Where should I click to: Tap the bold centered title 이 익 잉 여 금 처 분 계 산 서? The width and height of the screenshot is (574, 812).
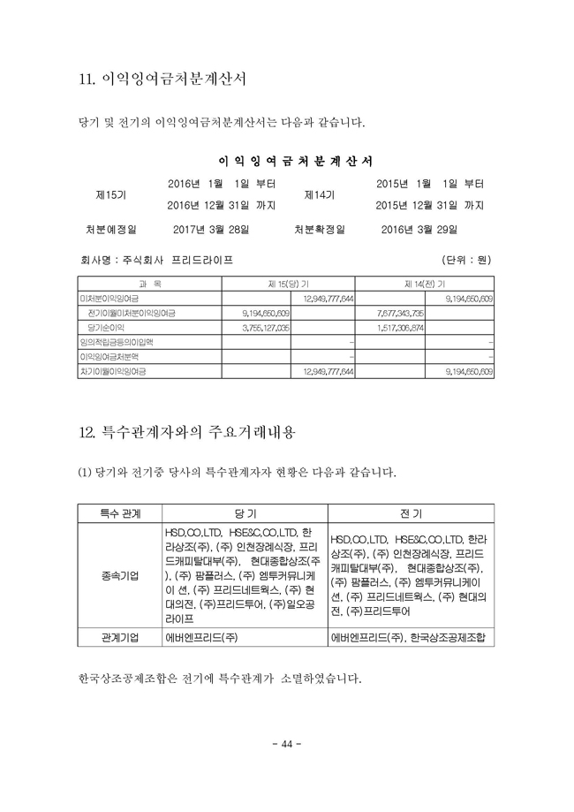[295, 161]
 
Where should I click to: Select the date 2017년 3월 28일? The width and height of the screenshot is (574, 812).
[211, 230]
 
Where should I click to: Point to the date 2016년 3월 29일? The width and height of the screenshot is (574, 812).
[420, 230]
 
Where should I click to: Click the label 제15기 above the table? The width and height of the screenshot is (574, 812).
[110, 194]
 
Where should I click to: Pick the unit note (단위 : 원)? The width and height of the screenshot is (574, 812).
[466, 261]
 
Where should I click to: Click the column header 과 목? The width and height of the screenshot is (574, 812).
[149, 284]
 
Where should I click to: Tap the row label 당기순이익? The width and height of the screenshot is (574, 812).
[106, 327]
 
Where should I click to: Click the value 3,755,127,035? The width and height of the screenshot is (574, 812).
[266, 327]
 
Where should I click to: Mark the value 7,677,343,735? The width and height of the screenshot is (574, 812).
[400, 313]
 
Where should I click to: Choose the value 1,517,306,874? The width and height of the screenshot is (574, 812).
[400, 327]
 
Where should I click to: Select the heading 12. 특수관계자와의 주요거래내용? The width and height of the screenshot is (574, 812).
[187, 433]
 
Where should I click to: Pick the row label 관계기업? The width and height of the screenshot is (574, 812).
[120, 637]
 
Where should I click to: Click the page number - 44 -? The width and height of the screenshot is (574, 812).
[286, 740]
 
